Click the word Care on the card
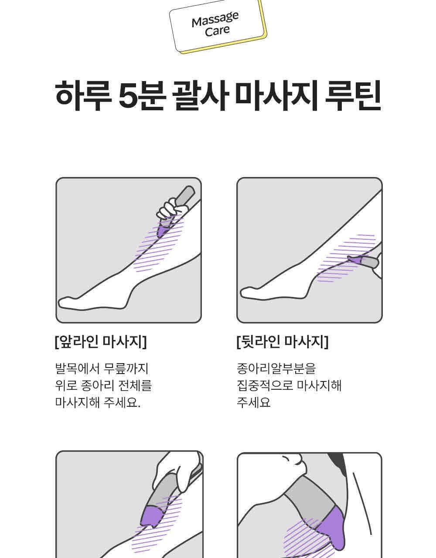coord(217,31)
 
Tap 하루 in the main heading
coord(83,96)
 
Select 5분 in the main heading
coord(142,96)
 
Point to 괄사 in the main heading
coord(201,96)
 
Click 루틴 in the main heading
coord(353,96)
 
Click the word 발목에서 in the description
coord(77,368)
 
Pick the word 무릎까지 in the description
coord(126,368)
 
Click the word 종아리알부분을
coord(276,368)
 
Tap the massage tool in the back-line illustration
coord(363,261)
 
